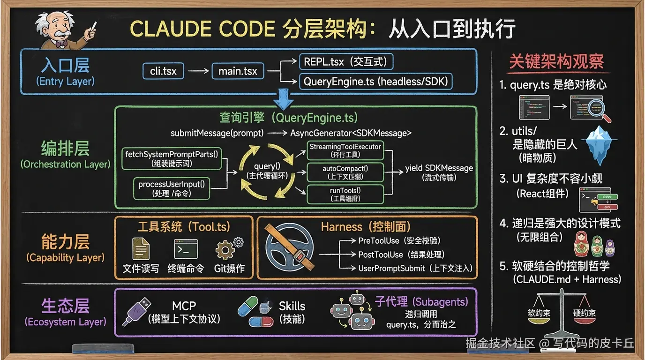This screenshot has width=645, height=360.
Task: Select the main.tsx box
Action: coord(238,72)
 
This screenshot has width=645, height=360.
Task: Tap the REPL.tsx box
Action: coord(346,62)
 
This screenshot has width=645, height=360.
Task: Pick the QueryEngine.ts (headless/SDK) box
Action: coord(376,82)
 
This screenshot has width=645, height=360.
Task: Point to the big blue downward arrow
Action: coord(283,98)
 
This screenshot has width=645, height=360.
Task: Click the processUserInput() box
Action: coord(172,188)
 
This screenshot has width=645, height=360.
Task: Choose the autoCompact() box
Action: coord(345,172)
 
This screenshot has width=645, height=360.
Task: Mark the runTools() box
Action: coord(345,194)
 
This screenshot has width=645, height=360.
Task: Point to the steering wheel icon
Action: coord(287,247)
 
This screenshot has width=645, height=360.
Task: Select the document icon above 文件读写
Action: coord(141,248)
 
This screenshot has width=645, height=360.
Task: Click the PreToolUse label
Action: coord(379,241)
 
